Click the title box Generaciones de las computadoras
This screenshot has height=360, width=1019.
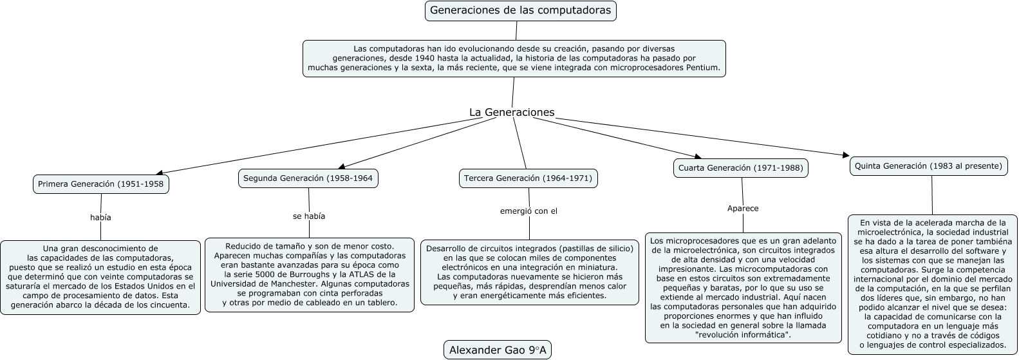[520, 10]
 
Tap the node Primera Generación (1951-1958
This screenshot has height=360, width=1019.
[100, 184]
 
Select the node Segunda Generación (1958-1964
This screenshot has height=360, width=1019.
[308, 178]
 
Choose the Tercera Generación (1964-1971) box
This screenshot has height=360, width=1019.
[528, 178]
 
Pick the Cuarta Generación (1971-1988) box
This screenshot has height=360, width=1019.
[740, 168]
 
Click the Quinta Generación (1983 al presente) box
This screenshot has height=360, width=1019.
[928, 166]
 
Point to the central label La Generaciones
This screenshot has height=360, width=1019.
[512, 113]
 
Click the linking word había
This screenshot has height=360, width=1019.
[100, 218]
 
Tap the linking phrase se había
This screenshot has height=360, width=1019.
[309, 216]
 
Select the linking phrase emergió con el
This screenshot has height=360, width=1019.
[528, 211]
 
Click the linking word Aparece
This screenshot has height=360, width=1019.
[743, 209]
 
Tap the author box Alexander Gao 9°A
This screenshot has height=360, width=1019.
[498, 350]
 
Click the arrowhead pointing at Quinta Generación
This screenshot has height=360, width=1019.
[846, 155]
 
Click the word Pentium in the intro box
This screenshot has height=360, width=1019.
[703, 67]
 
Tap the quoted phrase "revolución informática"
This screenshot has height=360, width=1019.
[743, 335]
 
